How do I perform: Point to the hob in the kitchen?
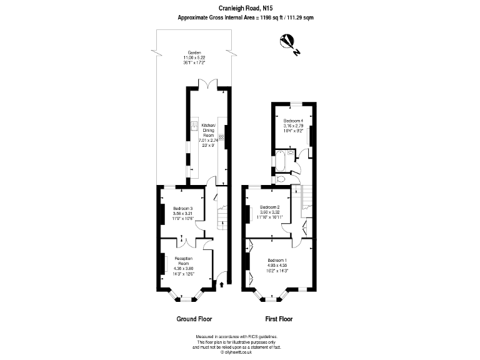pyautogui.click(x=221, y=141)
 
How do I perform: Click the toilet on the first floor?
pyautogui.click(x=280, y=179)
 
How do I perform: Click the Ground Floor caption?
pyautogui.click(x=194, y=318)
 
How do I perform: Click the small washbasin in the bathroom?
pyautogui.click(x=292, y=153)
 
